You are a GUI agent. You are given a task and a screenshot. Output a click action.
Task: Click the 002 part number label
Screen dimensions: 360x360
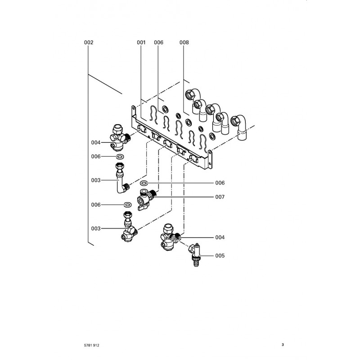[89, 43]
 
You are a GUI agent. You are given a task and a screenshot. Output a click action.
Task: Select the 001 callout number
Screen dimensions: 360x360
[141, 43]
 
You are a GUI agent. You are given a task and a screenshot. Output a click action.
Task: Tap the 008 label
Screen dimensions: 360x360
[184, 43]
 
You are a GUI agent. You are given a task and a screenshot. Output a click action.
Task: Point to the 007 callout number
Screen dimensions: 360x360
[220, 197]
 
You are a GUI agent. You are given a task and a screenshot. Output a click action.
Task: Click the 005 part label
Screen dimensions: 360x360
[220, 256]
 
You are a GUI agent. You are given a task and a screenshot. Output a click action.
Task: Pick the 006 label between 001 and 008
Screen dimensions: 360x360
[158, 43]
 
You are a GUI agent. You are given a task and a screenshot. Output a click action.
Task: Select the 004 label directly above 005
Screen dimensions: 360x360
[220, 237]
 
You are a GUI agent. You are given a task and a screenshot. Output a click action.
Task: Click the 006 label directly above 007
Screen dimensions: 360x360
[220, 183]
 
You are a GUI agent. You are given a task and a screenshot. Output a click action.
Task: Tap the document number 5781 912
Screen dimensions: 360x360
[91, 345]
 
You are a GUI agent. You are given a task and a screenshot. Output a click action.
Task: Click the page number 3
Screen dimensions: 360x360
[283, 345]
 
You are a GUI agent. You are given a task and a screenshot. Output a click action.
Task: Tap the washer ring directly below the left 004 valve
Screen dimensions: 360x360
[120, 157]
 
